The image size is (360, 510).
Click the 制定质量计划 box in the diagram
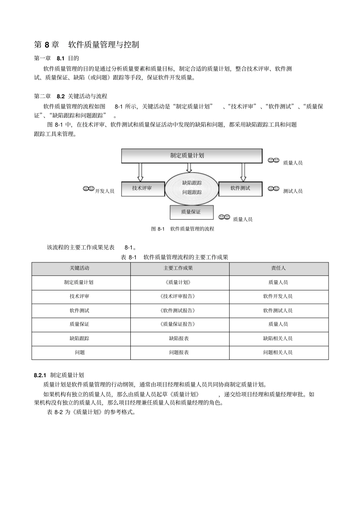click(191, 155)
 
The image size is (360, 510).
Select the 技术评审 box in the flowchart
click(143, 188)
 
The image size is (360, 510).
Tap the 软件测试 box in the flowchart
click(240, 188)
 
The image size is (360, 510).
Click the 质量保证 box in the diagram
click(191, 212)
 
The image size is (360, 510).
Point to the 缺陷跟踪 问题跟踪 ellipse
click(192, 188)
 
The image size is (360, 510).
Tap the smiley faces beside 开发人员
click(88, 188)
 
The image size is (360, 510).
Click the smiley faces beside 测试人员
click(273, 188)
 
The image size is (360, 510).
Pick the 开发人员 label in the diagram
click(105, 191)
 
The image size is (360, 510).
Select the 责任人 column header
click(279, 268)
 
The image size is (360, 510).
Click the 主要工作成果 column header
click(178, 268)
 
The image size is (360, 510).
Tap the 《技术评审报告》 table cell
click(178, 297)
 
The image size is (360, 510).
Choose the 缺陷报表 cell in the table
click(179, 338)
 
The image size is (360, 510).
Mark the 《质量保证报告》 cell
click(178, 324)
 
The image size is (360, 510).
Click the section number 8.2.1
click(40, 375)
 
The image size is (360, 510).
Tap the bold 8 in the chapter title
click(47, 45)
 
